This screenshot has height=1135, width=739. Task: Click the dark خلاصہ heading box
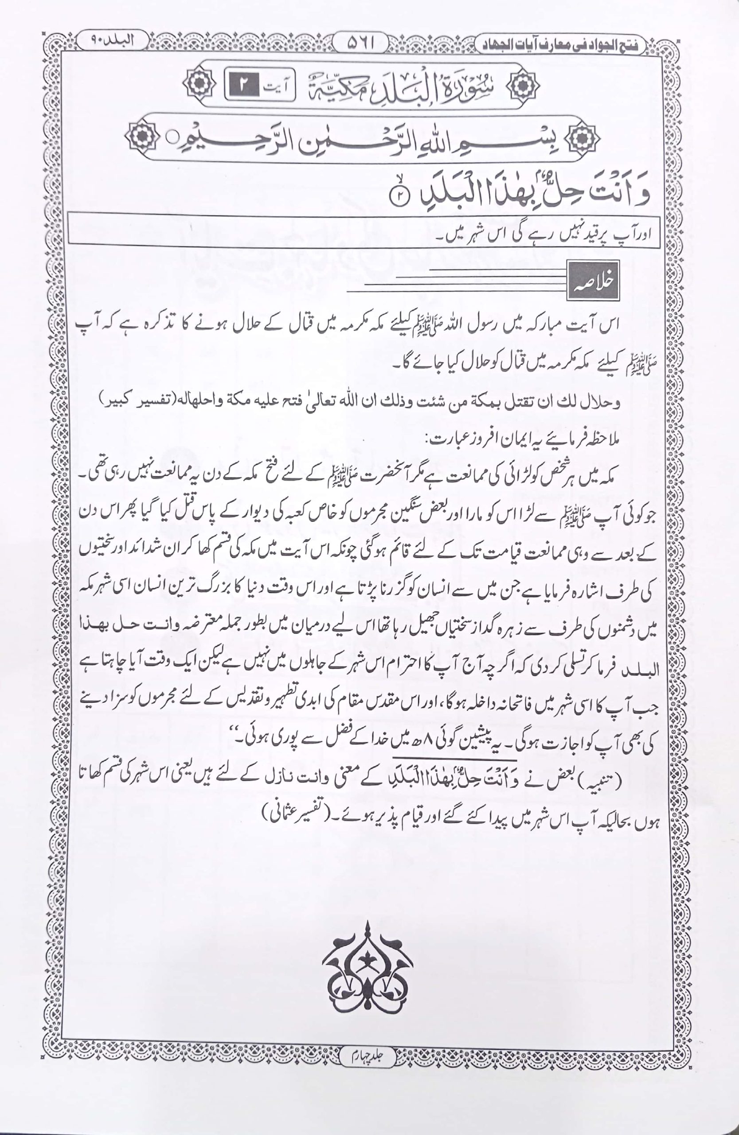[x=593, y=281]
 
